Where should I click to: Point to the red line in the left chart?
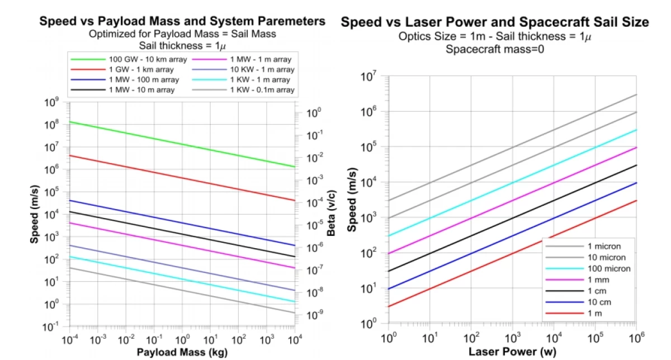pos(182,174)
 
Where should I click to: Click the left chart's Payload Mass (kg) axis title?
pos(182,352)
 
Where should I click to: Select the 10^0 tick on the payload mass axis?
pos(182,339)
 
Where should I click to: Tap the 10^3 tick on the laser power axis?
pos(512,338)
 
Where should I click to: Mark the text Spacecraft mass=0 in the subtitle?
pos(494,49)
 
